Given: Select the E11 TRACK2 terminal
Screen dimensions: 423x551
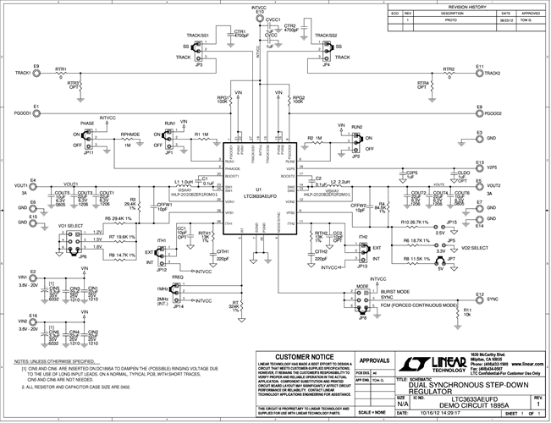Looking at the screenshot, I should click(477, 74).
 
